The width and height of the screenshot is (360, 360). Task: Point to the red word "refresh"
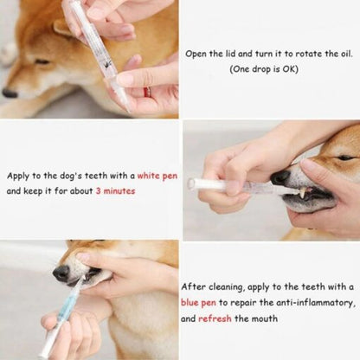[x=215, y=318]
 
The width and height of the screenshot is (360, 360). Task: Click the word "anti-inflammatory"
[x=311, y=303]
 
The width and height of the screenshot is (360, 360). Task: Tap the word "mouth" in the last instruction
[x=265, y=318]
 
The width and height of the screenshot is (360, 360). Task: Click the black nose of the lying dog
[x=10, y=93]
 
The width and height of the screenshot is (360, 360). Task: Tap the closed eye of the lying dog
[x=41, y=61]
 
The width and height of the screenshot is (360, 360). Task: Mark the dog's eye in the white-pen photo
[x=344, y=157]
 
